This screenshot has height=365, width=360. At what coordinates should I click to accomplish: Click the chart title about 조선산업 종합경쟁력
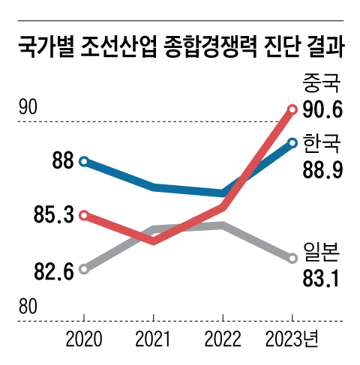180,50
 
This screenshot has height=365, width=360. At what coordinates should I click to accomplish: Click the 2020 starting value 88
62,160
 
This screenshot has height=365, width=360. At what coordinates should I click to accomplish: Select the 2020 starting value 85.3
53,216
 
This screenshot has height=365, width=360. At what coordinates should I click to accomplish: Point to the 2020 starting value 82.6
53,271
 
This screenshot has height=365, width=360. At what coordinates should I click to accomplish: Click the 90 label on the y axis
28,107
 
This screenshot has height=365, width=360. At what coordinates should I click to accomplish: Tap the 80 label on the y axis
28,307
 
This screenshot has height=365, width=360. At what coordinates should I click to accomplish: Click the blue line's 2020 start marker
84,160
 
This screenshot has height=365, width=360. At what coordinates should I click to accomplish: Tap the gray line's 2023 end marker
293,258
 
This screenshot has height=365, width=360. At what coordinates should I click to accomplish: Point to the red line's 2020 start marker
84,215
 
